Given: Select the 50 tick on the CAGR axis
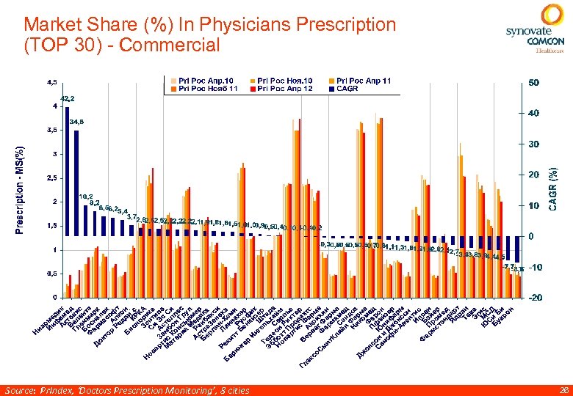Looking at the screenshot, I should tap(534, 83).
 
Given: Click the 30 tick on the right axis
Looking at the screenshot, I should tap(534, 144).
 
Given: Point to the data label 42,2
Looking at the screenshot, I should tap(67, 98).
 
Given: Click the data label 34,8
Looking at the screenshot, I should tap(76, 122).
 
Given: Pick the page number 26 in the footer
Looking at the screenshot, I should tap(563, 390).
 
